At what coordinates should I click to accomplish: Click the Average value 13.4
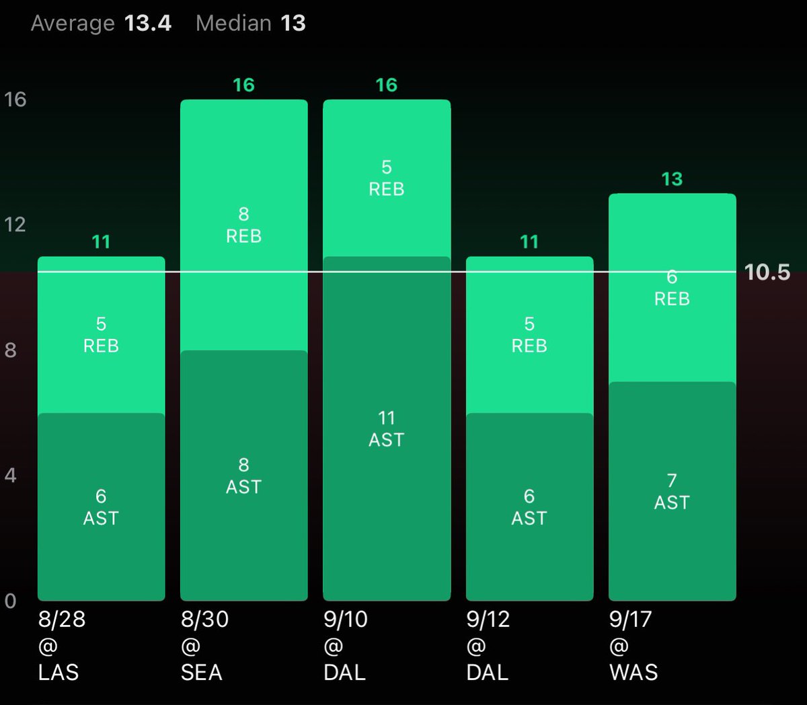coord(147,24)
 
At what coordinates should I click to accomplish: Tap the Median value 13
coord(293,24)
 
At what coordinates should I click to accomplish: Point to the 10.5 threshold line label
coord(767,272)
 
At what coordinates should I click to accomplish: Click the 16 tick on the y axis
coord(15,100)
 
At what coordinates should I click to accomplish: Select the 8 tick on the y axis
coord(10,350)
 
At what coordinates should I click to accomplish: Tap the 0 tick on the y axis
coord(10,601)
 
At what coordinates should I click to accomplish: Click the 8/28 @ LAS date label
coord(61,645)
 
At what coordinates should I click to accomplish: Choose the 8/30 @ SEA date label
coord(204,645)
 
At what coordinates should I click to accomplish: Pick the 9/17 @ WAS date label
coord(633,645)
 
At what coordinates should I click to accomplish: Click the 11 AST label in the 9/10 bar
coord(386,429)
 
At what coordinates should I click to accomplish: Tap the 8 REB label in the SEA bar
coord(243,225)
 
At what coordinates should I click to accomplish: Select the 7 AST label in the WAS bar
coord(671,491)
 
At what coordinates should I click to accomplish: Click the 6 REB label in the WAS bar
coord(671,288)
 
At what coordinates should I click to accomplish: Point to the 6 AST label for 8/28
coord(101,507)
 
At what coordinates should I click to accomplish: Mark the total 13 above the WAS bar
coord(671,179)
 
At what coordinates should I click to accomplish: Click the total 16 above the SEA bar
coord(243,85)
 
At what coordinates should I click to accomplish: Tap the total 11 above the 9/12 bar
coord(529,242)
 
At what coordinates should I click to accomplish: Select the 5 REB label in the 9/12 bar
coord(529,334)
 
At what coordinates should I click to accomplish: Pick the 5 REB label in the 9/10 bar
coord(386,178)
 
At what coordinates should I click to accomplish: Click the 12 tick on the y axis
coord(15,225)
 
